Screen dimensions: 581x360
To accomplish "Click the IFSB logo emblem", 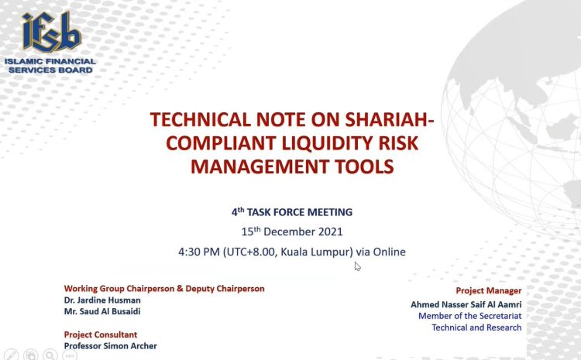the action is (51, 32).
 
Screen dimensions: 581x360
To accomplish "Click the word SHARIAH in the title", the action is (386, 120).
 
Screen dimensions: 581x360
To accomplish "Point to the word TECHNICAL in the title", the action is (201, 120).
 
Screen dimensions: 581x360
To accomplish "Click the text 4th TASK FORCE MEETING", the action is (292, 212).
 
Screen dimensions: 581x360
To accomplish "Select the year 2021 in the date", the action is (331, 231).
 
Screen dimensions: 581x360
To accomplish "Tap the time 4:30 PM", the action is (199, 252).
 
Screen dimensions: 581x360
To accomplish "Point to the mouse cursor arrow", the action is (357, 266).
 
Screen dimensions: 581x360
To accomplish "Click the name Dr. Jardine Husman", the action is (102, 300).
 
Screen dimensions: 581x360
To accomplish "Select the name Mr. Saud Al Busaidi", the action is (102, 311).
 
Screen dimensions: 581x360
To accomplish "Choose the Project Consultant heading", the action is (101, 334).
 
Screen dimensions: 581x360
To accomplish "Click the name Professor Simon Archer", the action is (111, 346).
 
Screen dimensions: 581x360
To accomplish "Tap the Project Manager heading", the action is (488, 291).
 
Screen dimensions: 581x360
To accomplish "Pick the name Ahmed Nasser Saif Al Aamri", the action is (466, 304).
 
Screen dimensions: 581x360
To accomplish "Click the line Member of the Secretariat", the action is (470, 316).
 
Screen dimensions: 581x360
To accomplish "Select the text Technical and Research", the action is (476, 327).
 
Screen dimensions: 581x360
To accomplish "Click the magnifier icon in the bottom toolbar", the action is (50, 355).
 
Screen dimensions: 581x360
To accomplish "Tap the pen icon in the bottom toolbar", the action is (11, 355).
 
